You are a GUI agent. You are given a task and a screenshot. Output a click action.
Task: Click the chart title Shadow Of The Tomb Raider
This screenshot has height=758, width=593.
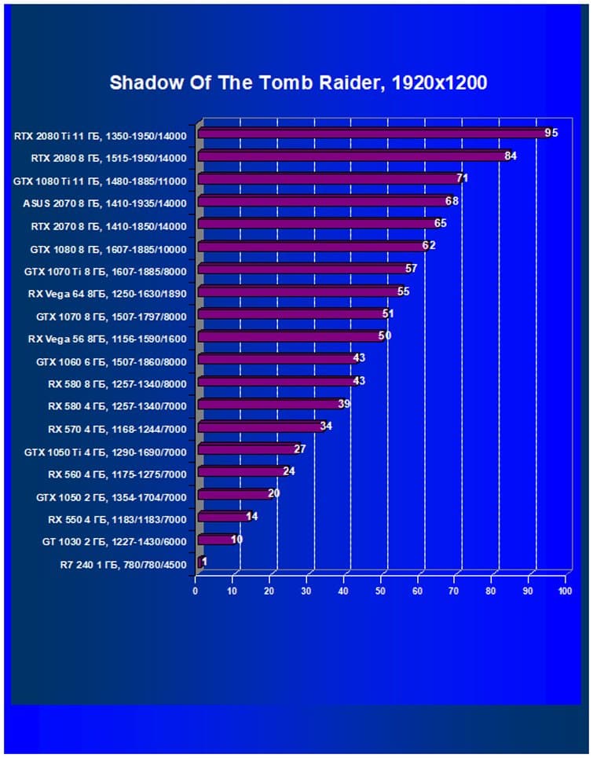point(298,82)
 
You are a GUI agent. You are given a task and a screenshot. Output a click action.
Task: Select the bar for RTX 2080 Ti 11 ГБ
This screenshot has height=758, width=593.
point(373,134)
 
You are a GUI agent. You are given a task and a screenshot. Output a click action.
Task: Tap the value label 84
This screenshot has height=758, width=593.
point(511,156)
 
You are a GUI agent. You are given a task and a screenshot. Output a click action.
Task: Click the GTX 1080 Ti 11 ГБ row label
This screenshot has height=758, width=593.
point(100,181)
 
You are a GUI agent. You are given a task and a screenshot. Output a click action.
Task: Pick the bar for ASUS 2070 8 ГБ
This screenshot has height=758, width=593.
point(322,202)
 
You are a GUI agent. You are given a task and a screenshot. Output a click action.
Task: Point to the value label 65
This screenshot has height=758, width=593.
point(441,224)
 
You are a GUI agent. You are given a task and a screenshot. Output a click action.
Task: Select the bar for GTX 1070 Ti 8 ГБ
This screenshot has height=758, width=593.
point(302,269)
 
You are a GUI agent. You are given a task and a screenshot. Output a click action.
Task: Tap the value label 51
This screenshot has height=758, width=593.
point(388,314)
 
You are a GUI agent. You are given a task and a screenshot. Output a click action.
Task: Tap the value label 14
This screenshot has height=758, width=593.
point(252,516)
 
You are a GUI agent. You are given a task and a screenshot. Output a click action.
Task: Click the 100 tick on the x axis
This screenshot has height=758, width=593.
point(565,591)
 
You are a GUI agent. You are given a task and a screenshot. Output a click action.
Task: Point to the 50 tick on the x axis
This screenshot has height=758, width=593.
point(380,591)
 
